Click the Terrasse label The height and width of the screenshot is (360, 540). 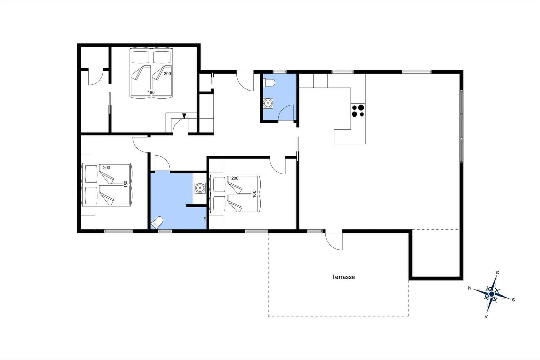(x=343, y=277)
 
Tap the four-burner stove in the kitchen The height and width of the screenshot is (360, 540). (x=358, y=111)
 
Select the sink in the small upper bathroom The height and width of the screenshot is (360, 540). (x=268, y=103)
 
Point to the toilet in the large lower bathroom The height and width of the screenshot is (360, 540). (x=157, y=223)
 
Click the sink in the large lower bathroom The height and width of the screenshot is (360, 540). (x=200, y=188)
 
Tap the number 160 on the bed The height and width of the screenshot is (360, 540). (x=254, y=194)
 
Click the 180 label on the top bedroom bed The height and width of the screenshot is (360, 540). (x=151, y=92)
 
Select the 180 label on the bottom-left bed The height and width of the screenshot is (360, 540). (x=125, y=184)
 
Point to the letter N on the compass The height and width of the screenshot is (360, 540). (x=469, y=288)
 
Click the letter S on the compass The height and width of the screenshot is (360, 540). (x=513, y=300)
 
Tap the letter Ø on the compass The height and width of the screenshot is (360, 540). (x=498, y=273)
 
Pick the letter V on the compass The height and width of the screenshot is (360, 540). (x=486, y=316)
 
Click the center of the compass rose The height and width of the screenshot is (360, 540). (x=492, y=294)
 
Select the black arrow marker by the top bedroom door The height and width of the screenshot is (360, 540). (x=184, y=116)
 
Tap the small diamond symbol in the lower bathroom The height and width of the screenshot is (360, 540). (x=205, y=218)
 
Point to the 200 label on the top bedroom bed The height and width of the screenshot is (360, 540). (x=167, y=74)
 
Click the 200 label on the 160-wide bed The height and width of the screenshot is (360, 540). (x=235, y=178)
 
